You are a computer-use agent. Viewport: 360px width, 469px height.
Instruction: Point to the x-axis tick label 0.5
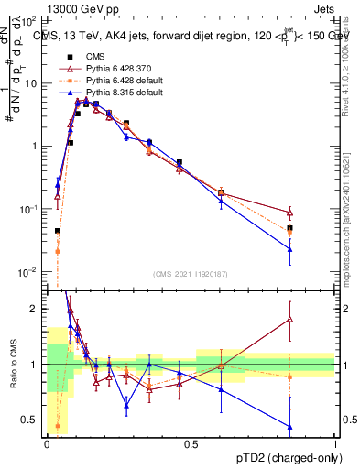[x=191, y=444]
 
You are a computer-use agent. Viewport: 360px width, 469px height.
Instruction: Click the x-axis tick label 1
[x=336, y=444]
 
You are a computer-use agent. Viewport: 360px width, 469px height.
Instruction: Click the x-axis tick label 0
[x=46, y=444]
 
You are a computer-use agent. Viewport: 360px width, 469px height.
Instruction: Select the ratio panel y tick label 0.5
[x=31, y=420]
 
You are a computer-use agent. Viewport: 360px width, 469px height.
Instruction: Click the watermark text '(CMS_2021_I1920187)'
[x=191, y=274]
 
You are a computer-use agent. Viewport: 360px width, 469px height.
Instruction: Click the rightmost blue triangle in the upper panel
[x=290, y=249]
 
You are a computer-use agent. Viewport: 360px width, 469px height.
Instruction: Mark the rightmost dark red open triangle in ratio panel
[x=290, y=320]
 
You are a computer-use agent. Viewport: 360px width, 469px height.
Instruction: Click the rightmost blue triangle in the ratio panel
[x=290, y=427]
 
